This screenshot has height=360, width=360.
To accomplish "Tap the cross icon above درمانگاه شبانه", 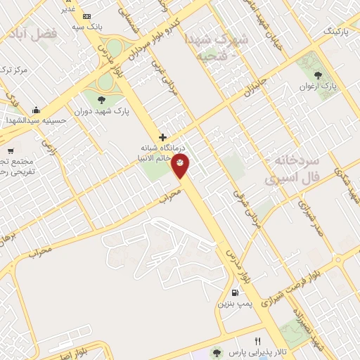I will [x=163, y=137].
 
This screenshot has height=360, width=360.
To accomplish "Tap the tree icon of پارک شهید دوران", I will [x=101, y=99].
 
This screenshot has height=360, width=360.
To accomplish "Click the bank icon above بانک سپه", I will [x=86, y=15].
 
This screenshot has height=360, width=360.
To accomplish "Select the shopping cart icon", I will [x=10, y=150].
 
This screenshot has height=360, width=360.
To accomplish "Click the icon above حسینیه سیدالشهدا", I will [x=37, y=110].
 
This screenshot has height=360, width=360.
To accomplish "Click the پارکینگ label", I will [x=335, y=32].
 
